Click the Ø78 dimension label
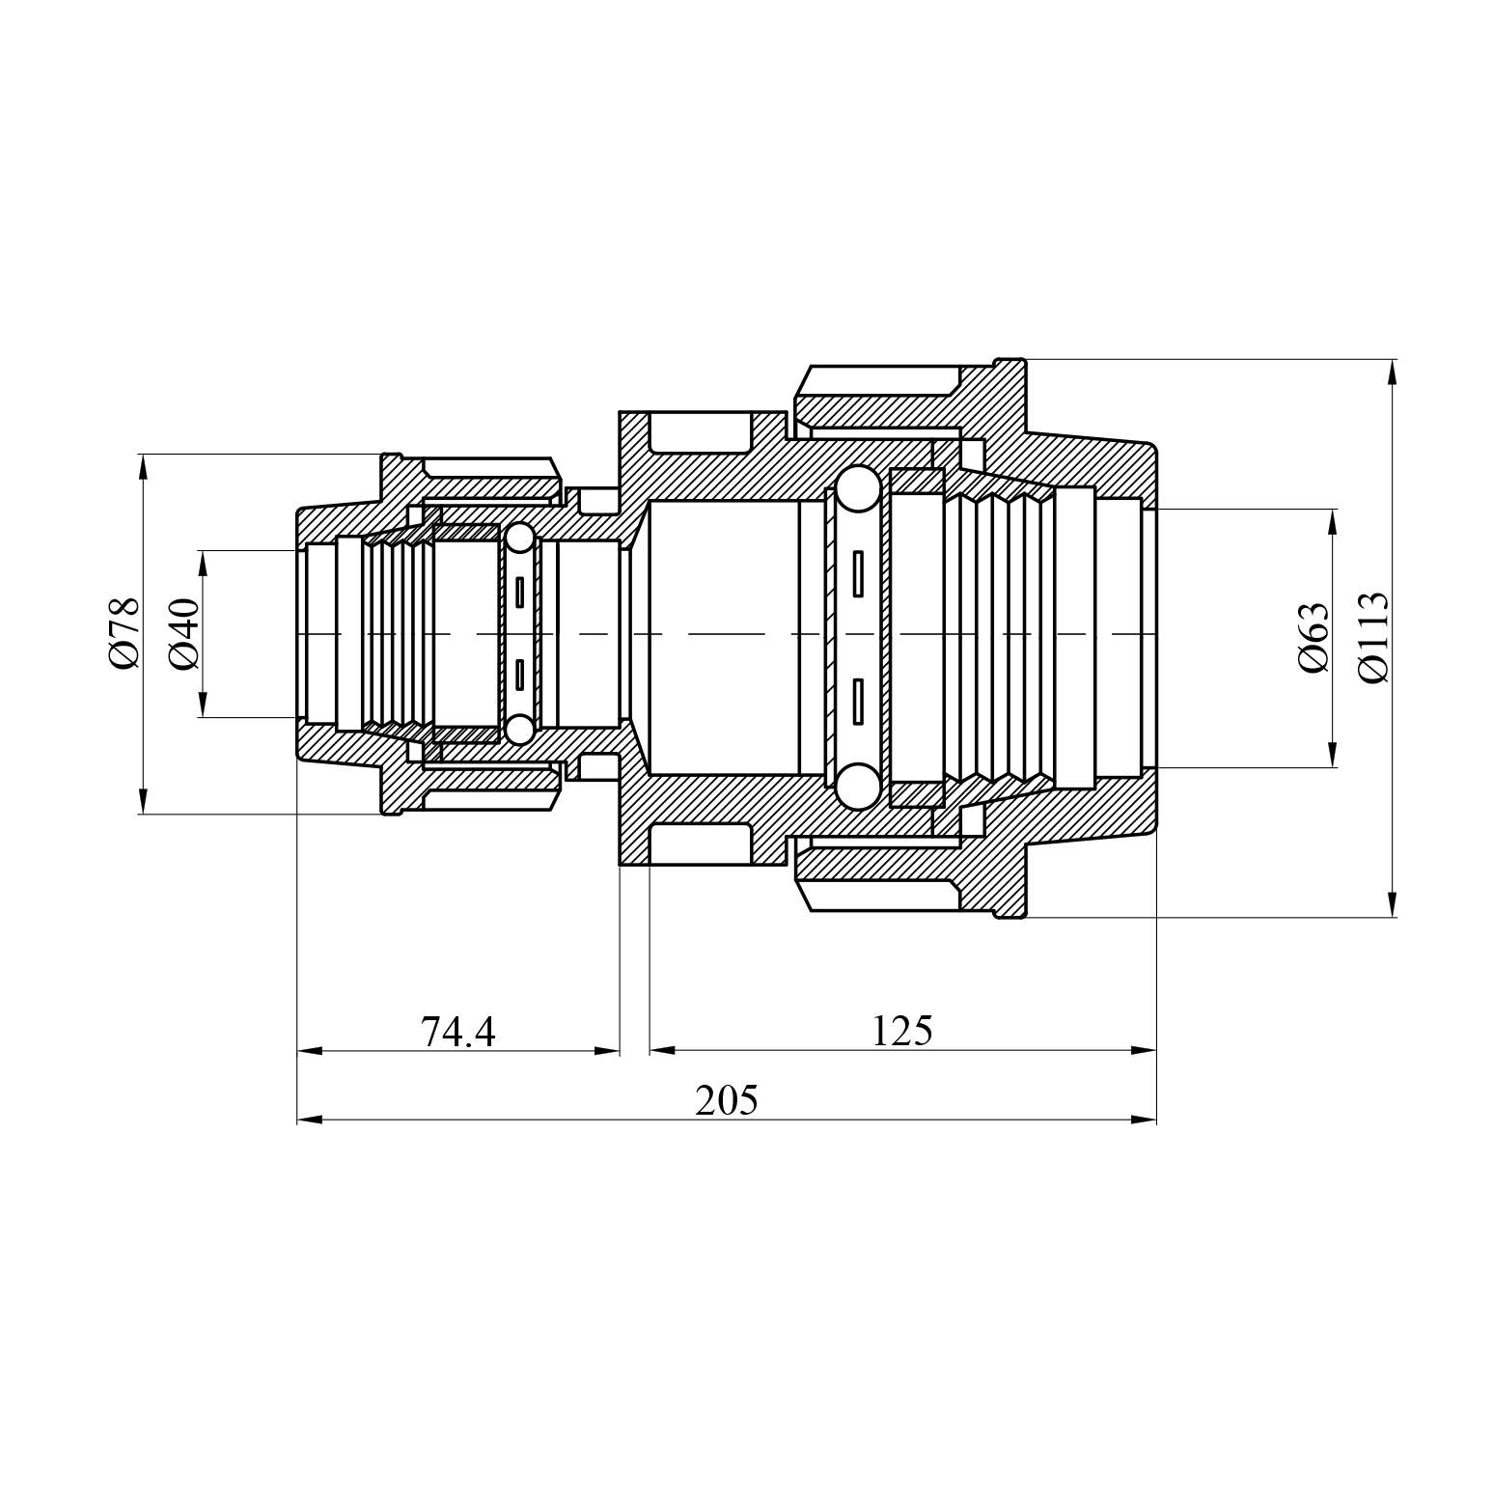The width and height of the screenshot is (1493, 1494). (124, 633)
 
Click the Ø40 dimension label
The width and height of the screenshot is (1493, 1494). (183, 633)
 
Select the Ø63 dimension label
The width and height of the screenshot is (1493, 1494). (1313, 638)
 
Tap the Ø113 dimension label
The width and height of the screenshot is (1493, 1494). (1372, 638)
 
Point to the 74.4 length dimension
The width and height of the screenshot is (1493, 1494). (458, 1032)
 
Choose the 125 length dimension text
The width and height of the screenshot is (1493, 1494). (902, 1031)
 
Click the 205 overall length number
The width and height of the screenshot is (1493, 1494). (727, 1100)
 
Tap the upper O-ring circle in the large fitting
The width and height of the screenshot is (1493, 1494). (858, 489)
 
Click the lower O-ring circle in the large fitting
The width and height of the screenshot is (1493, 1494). (858, 786)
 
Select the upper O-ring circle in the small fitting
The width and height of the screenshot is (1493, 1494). (520, 539)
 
